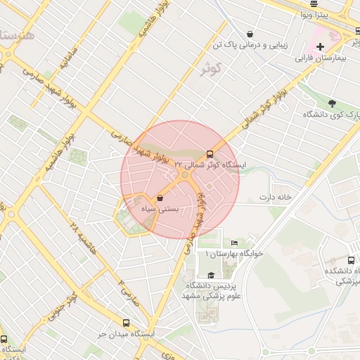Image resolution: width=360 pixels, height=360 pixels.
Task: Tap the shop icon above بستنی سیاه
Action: click(161, 198)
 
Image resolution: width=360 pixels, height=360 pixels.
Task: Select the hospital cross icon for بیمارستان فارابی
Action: click(321, 46)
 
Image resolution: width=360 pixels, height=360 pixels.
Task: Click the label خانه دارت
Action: click(276, 197)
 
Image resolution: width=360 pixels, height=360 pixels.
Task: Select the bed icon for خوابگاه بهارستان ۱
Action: click(234, 243)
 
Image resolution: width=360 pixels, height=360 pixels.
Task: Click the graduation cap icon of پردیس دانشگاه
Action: click(211, 275)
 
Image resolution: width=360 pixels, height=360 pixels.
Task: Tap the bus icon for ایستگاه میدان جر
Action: click(126, 323)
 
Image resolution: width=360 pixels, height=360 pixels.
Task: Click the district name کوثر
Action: click(210, 68)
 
